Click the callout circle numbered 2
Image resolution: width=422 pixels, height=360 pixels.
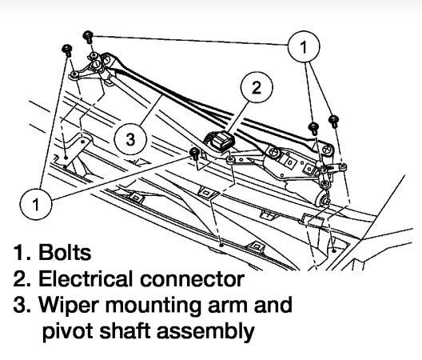(256, 88)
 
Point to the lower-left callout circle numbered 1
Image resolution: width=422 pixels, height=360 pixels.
(36, 203)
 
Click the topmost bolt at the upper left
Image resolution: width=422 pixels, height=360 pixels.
(87, 36)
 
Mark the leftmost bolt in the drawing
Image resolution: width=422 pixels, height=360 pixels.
(66, 50)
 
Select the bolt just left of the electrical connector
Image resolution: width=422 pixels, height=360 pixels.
(194, 153)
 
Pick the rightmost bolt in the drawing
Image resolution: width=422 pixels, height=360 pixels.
(333, 120)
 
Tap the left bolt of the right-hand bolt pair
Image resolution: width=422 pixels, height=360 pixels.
(314, 127)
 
